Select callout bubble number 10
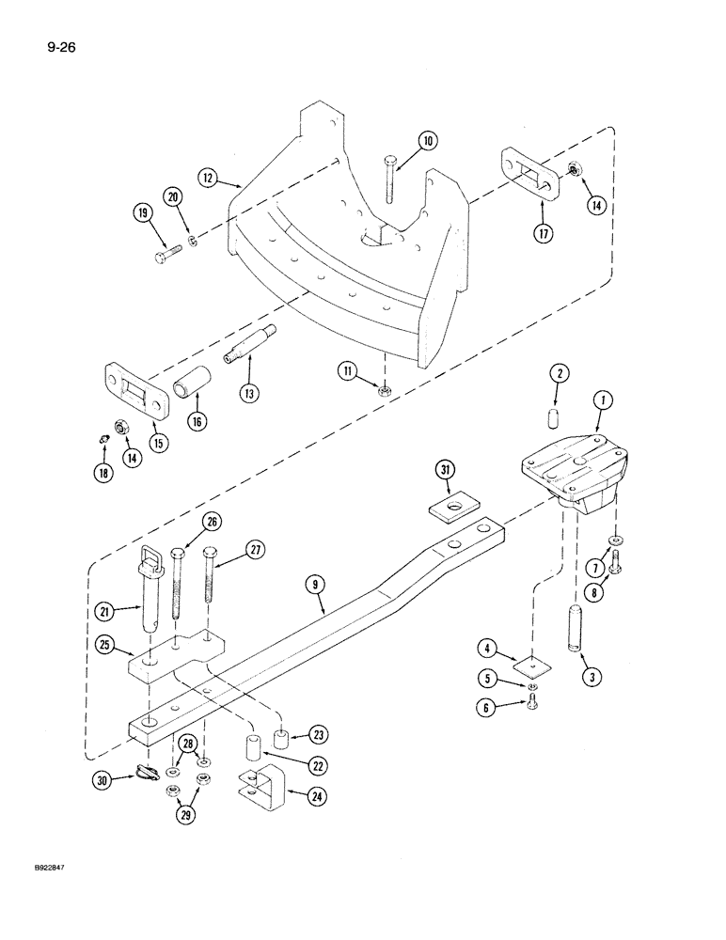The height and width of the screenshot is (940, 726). [x=428, y=142]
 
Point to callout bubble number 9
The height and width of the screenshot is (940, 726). [x=314, y=585]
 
